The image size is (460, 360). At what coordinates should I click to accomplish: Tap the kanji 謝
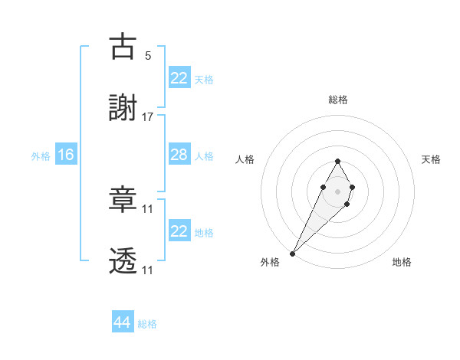point(123,110)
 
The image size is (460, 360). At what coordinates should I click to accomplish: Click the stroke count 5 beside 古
point(148,55)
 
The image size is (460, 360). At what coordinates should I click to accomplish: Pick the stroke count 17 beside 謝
point(148,117)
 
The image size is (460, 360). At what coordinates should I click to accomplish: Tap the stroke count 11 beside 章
point(148,208)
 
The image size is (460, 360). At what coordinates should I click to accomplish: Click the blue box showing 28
point(179,155)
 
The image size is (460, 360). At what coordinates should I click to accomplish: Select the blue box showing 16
point(66,155)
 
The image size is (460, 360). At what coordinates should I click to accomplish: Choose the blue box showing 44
point(123,322)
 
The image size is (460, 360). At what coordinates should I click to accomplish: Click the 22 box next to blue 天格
point(179,78)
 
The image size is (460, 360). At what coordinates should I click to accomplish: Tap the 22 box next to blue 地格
point(179,231)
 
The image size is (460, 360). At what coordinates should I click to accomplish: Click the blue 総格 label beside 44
point(147,324)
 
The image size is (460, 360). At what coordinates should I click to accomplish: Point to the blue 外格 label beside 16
point(41,155)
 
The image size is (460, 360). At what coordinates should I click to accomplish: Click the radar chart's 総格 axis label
point(337,100)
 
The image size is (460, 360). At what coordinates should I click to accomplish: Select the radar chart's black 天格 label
point(431,159)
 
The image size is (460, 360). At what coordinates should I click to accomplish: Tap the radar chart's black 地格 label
point(402,262)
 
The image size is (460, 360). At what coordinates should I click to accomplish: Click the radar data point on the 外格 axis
point(293,253)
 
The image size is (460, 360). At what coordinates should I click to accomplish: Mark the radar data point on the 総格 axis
point(337,161)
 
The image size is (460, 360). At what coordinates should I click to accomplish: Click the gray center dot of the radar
point(337,190)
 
